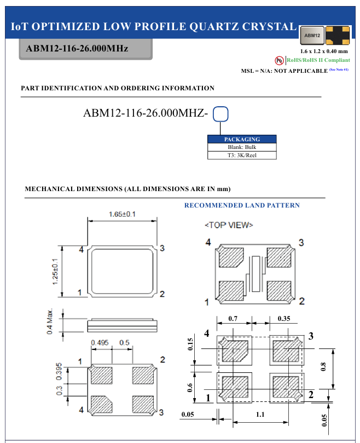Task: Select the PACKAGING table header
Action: coord(242,139)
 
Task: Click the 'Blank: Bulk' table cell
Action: coord(242,147)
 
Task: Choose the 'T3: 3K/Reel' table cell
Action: coord(242,155)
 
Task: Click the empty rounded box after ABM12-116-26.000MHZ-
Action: coord(220,114)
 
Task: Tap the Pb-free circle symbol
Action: coord(280,60)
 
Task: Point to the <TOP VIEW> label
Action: coord(229,225)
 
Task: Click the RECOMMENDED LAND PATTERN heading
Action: coord(242,205)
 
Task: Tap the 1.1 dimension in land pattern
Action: coord(260,415)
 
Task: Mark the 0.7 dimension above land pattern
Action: coord(233,318)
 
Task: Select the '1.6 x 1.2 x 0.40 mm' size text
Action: coord(324,51)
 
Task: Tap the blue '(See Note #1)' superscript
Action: coord(339,70)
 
